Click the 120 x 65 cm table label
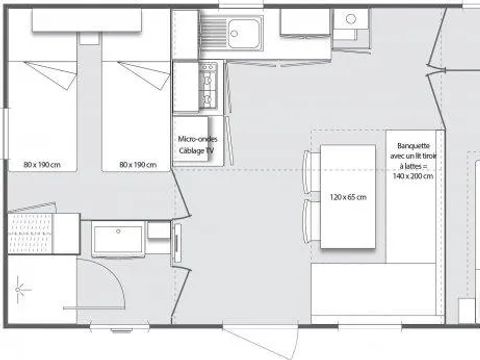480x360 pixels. [348, 197]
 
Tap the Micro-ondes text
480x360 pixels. [198, 139]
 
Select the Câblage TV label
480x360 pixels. [196, 151]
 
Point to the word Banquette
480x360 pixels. [413, 146]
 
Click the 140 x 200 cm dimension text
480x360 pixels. [413, 176]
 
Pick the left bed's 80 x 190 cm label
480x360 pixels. [42, 165]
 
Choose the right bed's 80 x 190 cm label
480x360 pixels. [138, 165]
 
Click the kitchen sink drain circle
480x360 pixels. [235, 33]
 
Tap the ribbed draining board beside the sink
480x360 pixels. [214, 32]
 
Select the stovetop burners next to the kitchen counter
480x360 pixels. [208, 86]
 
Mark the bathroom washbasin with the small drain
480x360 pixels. [118, 239]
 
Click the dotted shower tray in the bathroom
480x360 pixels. [30, 233]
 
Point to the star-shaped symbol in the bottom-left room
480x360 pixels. [18, 290]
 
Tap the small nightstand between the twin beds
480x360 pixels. [89, 39]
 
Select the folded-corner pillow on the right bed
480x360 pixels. [145, 75]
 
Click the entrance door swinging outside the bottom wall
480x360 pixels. [260, 343]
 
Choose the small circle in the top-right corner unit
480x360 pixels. [351, 19]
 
